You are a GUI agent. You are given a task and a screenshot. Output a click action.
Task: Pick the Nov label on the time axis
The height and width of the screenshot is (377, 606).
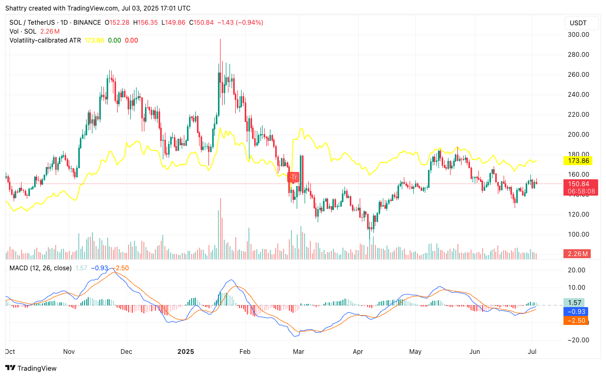(69, 351)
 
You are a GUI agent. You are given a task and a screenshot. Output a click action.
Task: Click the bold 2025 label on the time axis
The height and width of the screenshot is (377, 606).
(186, 351)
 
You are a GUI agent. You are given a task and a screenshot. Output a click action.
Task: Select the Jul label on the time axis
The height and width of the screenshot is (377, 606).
(532, 351)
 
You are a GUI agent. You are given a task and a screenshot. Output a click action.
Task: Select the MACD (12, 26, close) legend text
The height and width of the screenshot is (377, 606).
(40, 268)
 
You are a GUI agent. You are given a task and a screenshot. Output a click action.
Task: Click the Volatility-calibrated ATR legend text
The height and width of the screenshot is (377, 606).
(45, 40)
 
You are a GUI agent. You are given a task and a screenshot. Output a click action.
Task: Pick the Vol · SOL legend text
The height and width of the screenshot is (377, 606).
(23, 32)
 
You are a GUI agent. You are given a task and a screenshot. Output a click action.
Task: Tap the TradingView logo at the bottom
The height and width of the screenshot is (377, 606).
(32, 368)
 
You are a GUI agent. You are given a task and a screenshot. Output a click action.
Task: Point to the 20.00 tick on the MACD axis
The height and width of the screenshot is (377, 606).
(578, 270)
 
